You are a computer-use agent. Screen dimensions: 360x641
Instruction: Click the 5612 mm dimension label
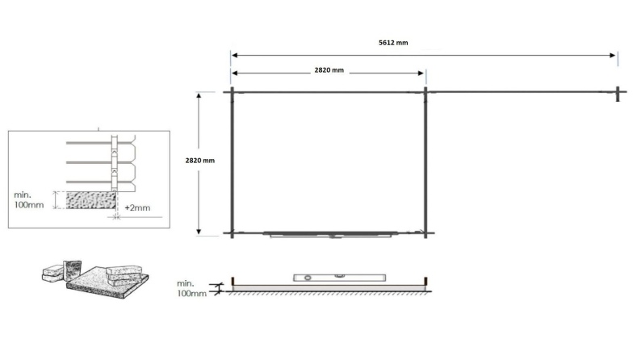[393, 43]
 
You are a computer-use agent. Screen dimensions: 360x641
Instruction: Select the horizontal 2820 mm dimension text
[329, 71]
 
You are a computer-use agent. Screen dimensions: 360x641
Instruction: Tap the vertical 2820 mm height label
[200, 161]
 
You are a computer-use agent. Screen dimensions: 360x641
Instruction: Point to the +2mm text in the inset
[139, 207]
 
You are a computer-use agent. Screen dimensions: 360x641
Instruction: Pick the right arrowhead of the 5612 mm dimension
[614, 56]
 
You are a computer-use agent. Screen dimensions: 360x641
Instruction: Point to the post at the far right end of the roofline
[617, 93]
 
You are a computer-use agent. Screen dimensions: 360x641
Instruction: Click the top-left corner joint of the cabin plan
[232, 93]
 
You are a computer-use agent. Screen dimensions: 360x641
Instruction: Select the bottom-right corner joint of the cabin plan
[425, 234]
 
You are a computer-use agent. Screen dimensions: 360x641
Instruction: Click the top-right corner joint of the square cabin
[425, 93]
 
